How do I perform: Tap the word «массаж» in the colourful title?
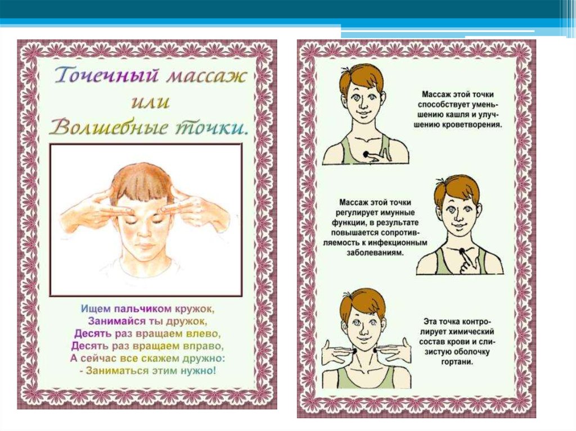206,76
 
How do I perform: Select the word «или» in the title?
150,102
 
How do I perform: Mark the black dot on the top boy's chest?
366,155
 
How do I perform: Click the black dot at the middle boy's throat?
461,251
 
